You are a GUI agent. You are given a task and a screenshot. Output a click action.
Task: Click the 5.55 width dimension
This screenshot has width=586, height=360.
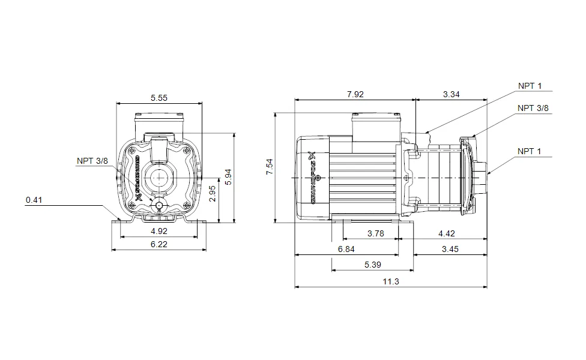(x=159, y=98)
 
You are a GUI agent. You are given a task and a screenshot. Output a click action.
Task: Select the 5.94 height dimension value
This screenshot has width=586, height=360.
(x=227, y=177)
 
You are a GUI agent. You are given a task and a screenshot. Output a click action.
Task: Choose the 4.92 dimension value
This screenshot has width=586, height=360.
(x=159, y=230)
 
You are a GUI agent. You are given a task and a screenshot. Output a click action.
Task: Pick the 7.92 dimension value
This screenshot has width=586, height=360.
(x=355, y=94)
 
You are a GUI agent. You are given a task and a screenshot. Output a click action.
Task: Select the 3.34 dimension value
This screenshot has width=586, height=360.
(x=452, y=94)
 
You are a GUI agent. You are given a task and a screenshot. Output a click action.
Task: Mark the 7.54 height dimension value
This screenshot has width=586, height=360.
(x=269, y=167)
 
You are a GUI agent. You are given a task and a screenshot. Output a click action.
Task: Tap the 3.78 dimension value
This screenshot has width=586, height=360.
(x=375, y=234)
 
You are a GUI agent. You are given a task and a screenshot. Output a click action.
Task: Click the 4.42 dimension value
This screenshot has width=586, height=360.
(x=447, y=234)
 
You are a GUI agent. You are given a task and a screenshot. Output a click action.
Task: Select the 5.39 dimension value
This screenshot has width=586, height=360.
(x=372, y=265)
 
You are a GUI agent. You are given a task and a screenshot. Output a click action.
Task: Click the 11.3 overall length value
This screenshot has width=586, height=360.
(x=391, y=281)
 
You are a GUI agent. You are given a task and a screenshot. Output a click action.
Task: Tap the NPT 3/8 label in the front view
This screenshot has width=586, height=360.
(x=92, y=161)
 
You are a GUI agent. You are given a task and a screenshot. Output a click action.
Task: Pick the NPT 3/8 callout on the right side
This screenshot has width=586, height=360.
(x=533, y=108)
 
